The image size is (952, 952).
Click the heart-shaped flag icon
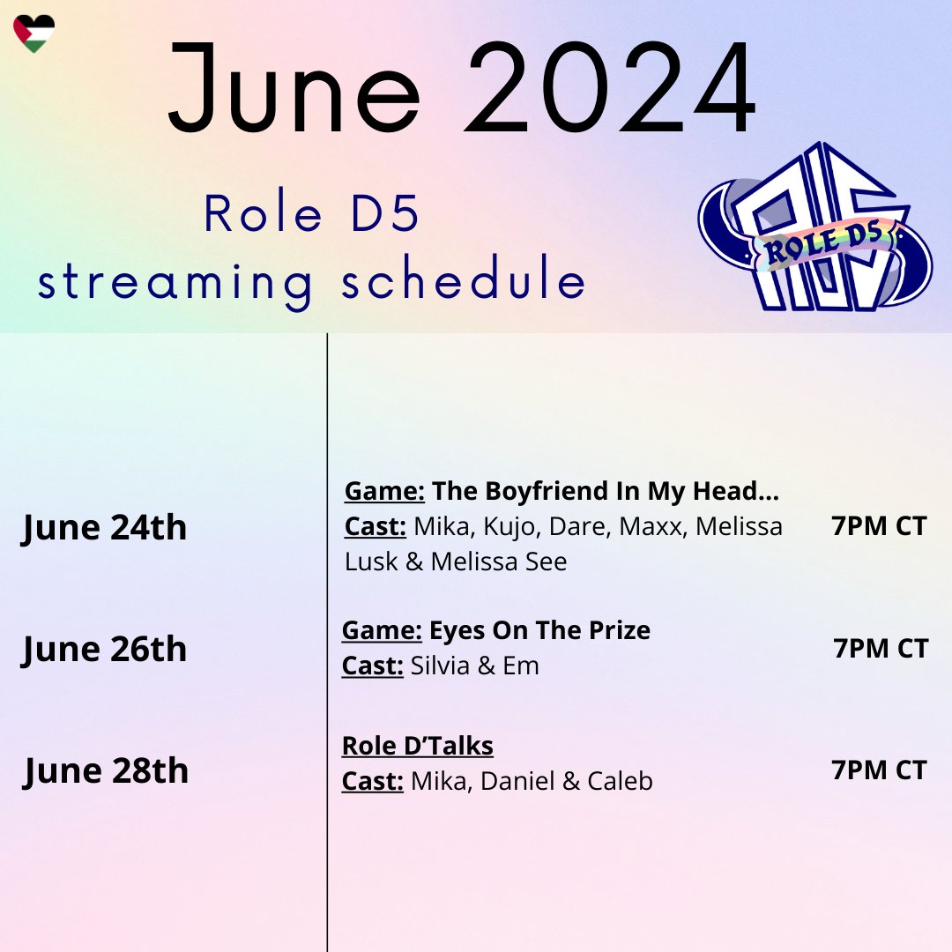(x=33, y=33)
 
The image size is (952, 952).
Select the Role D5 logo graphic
(x=814, y=229)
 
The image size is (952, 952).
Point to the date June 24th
(x=104, y=527)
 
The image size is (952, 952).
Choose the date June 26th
(x=104, y=650)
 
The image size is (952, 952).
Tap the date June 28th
(x=105, y=770)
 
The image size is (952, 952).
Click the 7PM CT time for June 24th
(x=879, y=526)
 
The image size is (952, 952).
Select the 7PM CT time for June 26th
(x=881, y=649)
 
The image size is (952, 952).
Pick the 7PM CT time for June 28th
(x=879, y=770)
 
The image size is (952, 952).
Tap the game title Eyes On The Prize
(x=539, y=630)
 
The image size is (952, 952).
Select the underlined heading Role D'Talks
(x=417, y=746)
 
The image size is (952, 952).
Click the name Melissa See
(x=499, y=562)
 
